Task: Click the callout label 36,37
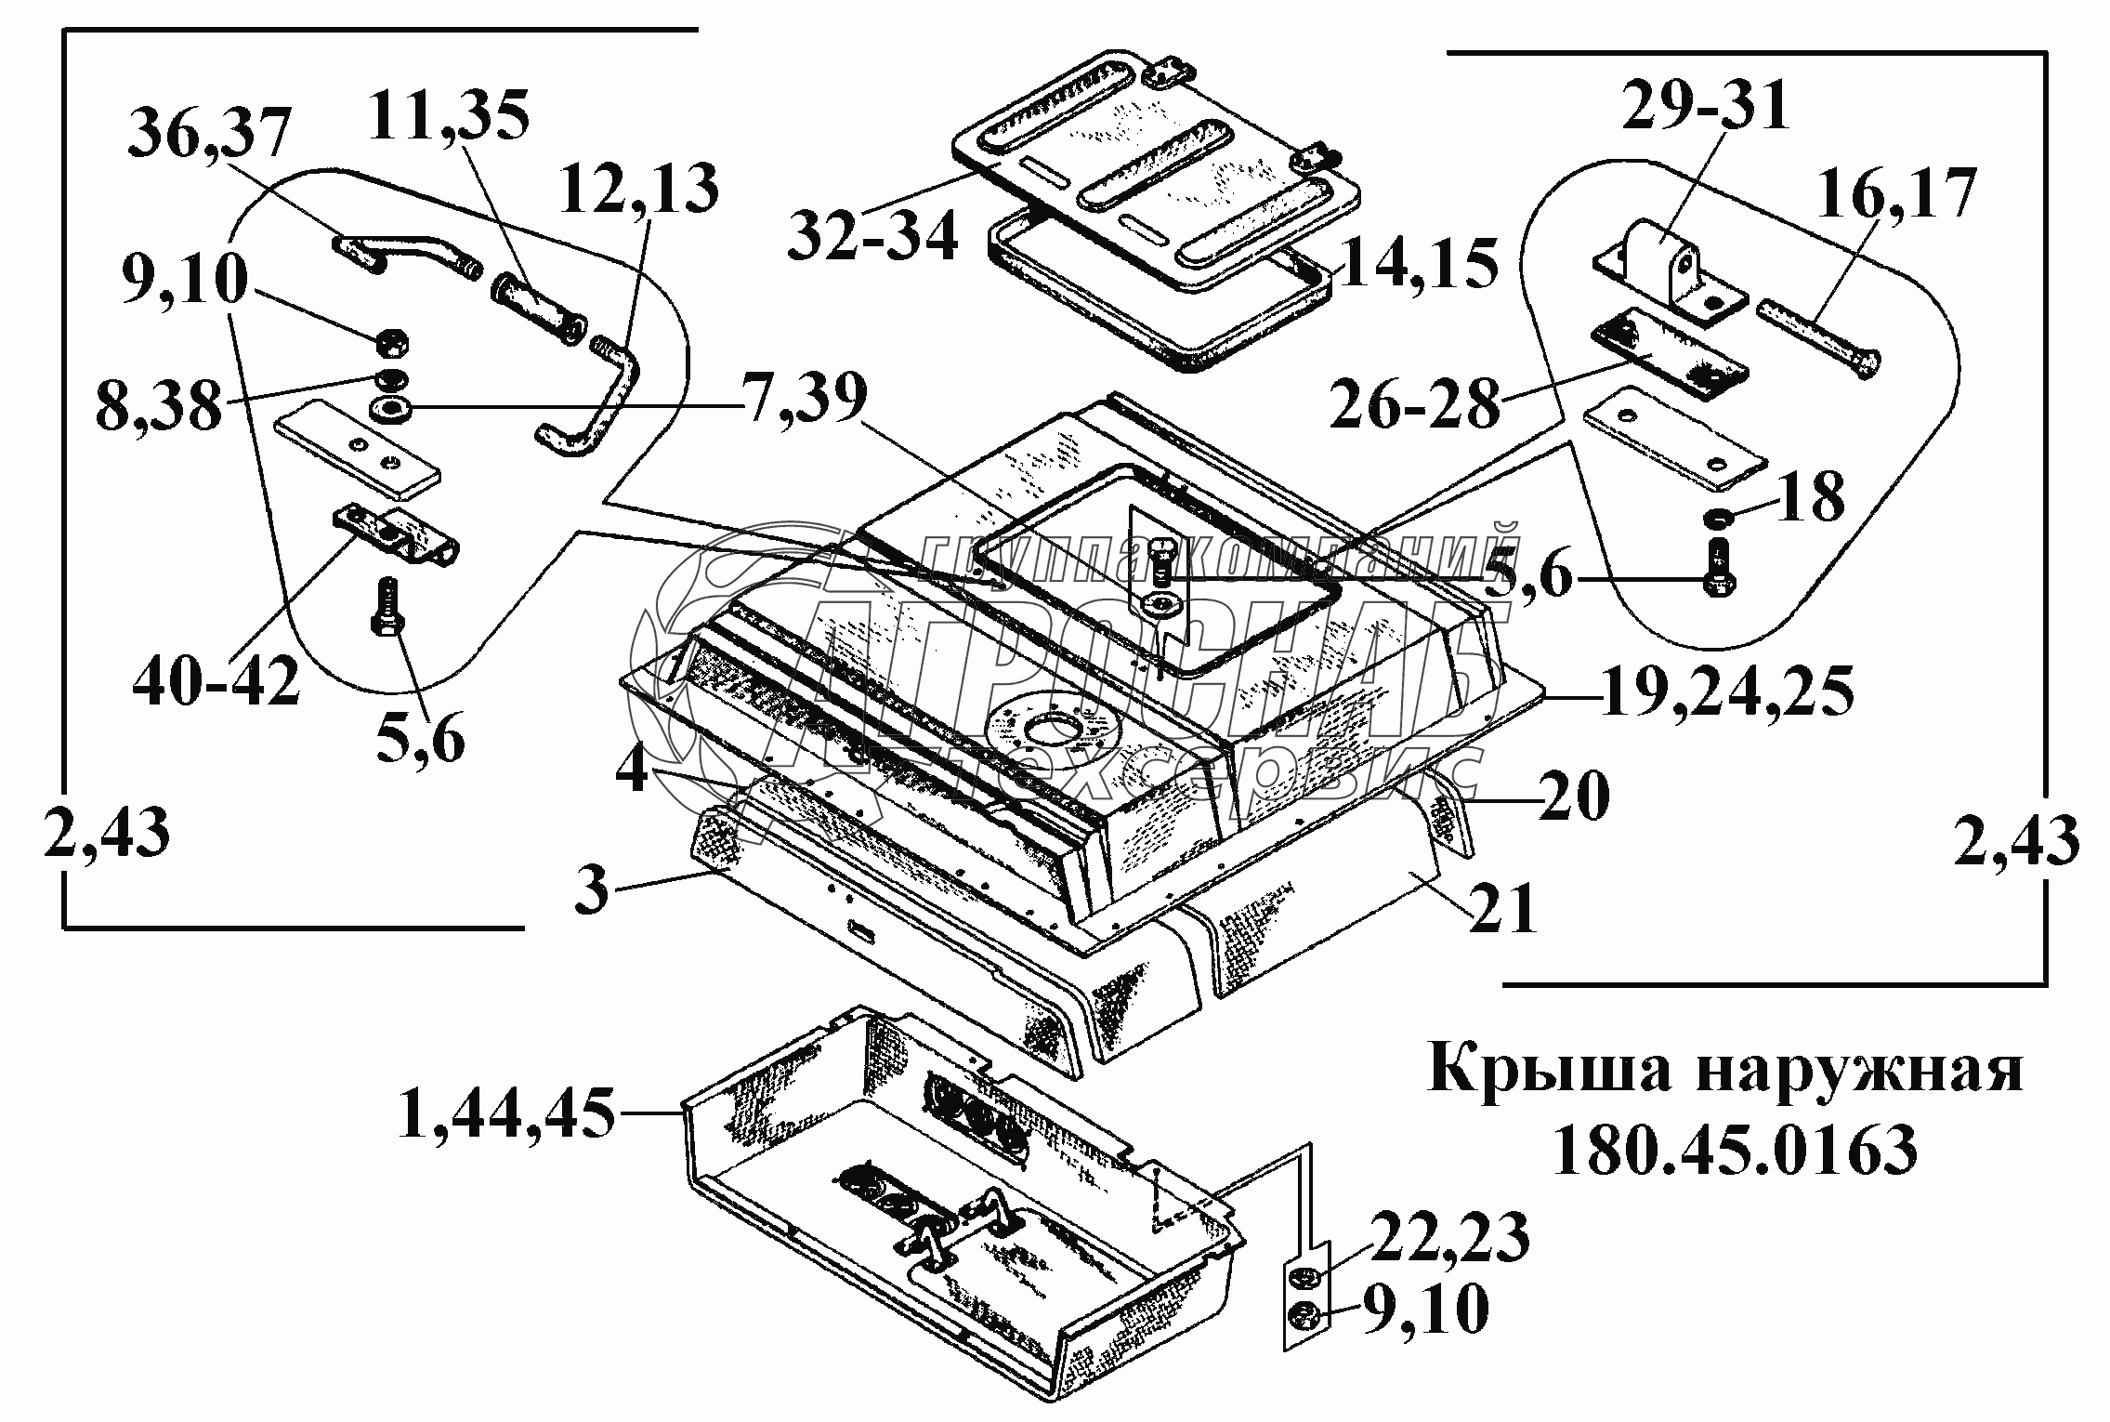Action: tap(209, 135)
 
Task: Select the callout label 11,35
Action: tap(449, 115)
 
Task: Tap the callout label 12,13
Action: tap(638, 189)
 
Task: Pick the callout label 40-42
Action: tap(216, 681)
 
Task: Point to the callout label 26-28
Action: tap(1414, 402)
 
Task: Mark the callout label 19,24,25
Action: tap(1727, 692)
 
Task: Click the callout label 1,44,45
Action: tap(507, 1113)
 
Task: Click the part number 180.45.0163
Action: tap(1734, 1151)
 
